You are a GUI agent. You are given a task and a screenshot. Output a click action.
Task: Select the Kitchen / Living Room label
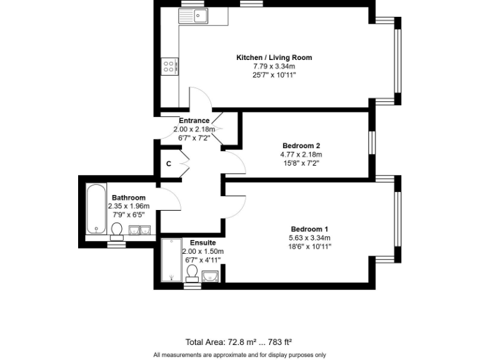[274, 57]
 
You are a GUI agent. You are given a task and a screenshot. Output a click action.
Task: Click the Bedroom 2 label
[301, 146]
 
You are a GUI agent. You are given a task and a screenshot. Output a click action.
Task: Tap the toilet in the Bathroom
[116, 232]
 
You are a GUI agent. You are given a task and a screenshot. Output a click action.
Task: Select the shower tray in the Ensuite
[171, 260]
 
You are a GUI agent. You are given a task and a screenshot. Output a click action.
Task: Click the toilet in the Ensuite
[192, 273]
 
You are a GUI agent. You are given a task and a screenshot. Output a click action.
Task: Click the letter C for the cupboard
[169, 164]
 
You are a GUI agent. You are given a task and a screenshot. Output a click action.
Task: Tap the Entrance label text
[194, 121]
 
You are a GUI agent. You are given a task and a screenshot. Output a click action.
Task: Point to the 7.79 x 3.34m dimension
[274, 66]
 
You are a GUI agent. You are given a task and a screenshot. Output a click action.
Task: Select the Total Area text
[239, 342]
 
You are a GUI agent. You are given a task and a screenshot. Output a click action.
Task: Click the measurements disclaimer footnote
[239, 355]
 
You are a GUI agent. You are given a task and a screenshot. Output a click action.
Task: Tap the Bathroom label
[129, 197]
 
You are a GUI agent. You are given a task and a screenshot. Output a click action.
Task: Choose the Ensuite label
[203, 242]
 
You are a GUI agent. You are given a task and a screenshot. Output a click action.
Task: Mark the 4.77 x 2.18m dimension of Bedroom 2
[301, 154]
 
